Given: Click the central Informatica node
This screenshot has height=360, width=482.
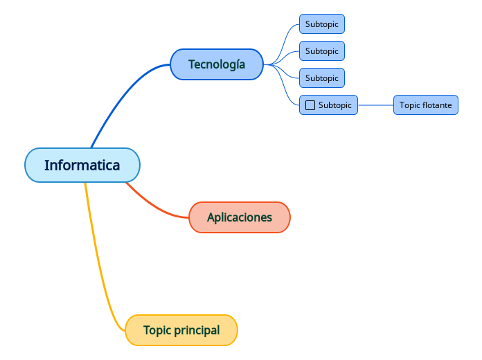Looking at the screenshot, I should tap(82, 165).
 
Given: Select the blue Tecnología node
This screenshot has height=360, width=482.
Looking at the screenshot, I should tap(217, 64).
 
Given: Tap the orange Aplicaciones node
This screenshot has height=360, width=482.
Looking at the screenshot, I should tap(240, 217).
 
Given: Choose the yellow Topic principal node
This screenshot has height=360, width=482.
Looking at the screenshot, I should tap(181, 330).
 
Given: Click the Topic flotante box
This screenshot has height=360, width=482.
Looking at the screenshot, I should tap(426, 105).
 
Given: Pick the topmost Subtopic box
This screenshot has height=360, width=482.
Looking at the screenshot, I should tap(322, 24).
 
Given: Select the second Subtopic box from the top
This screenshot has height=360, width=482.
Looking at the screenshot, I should tap(322, 51).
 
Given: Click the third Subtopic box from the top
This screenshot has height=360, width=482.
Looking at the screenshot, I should tap(322, 78).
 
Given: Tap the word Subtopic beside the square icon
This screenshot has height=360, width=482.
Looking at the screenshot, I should tap(335, 105).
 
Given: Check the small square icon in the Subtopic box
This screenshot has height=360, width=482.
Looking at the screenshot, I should tap(310, 105).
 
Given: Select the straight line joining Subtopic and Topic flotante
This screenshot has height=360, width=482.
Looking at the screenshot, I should tap(375, 105).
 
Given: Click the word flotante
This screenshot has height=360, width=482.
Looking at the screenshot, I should tap(437, 105).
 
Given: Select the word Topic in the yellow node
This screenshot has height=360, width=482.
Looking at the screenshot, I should tap(157, 330).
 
